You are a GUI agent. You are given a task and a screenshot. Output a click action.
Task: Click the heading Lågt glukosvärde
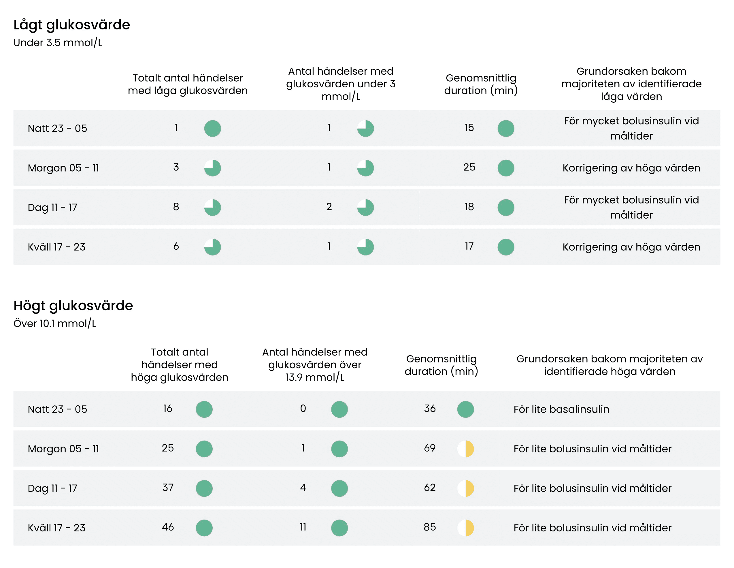pos(71,25)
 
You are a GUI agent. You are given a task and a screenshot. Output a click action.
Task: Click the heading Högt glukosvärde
pos(73,306)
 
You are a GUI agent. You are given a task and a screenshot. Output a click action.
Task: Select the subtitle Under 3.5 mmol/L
pos(58,43)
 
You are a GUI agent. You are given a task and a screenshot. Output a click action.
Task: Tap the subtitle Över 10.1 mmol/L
pos(55,324)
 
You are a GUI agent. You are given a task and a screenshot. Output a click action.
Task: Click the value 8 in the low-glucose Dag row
pos(176,207)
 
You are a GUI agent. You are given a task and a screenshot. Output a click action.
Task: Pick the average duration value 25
pos(469,167)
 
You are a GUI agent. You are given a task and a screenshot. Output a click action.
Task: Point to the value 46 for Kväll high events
pos(168,527)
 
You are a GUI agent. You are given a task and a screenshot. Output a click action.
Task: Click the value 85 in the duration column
pos(429,527)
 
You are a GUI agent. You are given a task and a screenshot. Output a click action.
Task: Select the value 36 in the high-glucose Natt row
pos(429,409)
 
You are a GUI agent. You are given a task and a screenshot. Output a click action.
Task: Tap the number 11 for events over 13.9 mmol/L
pos(303,527)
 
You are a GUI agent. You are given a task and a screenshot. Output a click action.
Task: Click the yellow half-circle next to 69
pos(465,449)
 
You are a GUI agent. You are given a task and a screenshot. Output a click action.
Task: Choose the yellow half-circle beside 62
pos(465,488)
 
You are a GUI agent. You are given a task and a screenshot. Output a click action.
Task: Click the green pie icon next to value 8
pos(212,208)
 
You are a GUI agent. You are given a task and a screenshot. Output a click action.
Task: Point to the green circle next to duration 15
pos(506,129)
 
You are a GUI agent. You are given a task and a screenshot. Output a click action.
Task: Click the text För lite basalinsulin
pos(561,409)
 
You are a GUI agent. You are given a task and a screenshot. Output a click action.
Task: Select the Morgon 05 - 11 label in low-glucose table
pos(63,168)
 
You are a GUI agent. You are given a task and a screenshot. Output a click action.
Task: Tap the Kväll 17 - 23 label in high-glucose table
pos(56,528)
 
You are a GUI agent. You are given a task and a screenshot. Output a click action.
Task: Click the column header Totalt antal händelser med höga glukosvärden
pos(180,365)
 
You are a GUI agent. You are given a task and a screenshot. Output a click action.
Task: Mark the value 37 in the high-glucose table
pos(168,488)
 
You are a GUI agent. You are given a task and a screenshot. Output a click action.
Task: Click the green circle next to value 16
pos(204,409)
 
